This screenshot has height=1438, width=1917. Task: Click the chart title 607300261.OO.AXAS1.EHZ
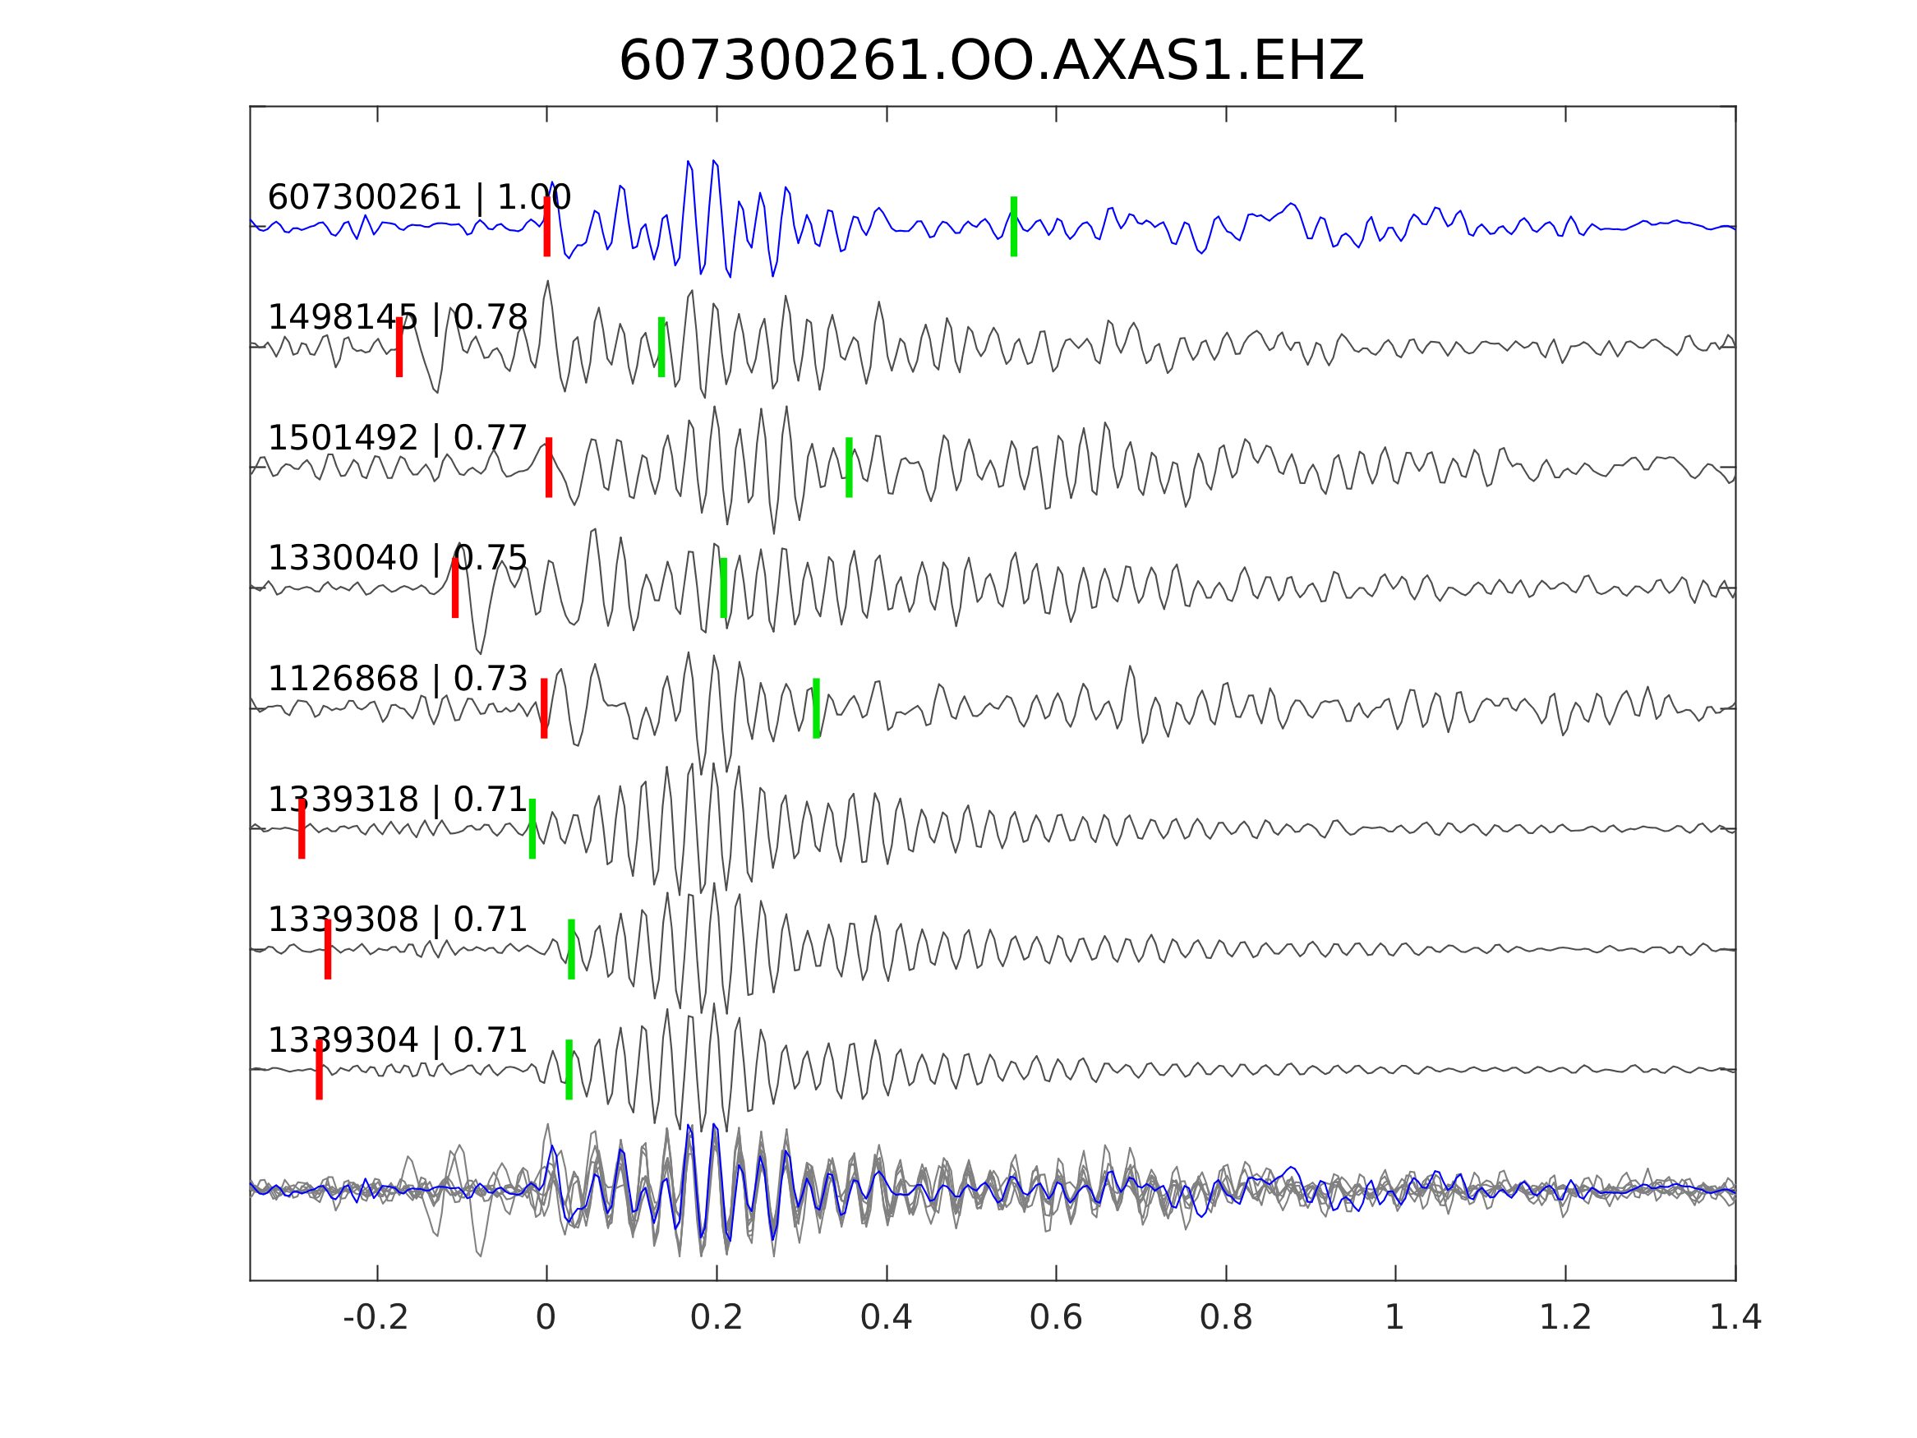pos(992,62)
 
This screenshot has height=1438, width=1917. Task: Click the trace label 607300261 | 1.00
pos(419,198)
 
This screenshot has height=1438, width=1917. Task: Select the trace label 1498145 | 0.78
pos(398,318)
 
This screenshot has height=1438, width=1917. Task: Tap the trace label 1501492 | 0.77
pos(398,439)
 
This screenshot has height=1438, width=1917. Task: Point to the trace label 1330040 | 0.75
pos(398,559)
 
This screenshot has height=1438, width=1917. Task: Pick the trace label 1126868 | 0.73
pos(398,680)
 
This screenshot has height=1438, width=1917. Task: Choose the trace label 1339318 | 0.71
pos(398,800)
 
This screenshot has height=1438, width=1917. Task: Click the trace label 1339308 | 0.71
pos(398,919)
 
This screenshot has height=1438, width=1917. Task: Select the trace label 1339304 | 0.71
pos(398,1040)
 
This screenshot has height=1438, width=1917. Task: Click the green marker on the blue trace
pos(1014,226)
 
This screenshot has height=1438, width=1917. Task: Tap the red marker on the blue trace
pos(547,226)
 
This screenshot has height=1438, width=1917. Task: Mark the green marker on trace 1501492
pos(850,468)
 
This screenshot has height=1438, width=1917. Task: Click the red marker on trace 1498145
pos(399,347)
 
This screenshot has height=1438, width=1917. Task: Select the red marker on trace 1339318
pos(302,828)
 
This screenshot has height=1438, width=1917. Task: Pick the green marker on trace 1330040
pos(724,588)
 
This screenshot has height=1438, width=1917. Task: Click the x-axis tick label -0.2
pos(376,1318)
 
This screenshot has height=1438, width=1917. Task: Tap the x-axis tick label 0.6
pos(1056,1318)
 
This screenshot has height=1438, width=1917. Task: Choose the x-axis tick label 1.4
pos(1735,1318)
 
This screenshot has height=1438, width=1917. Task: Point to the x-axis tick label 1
pos(1394,1318)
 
